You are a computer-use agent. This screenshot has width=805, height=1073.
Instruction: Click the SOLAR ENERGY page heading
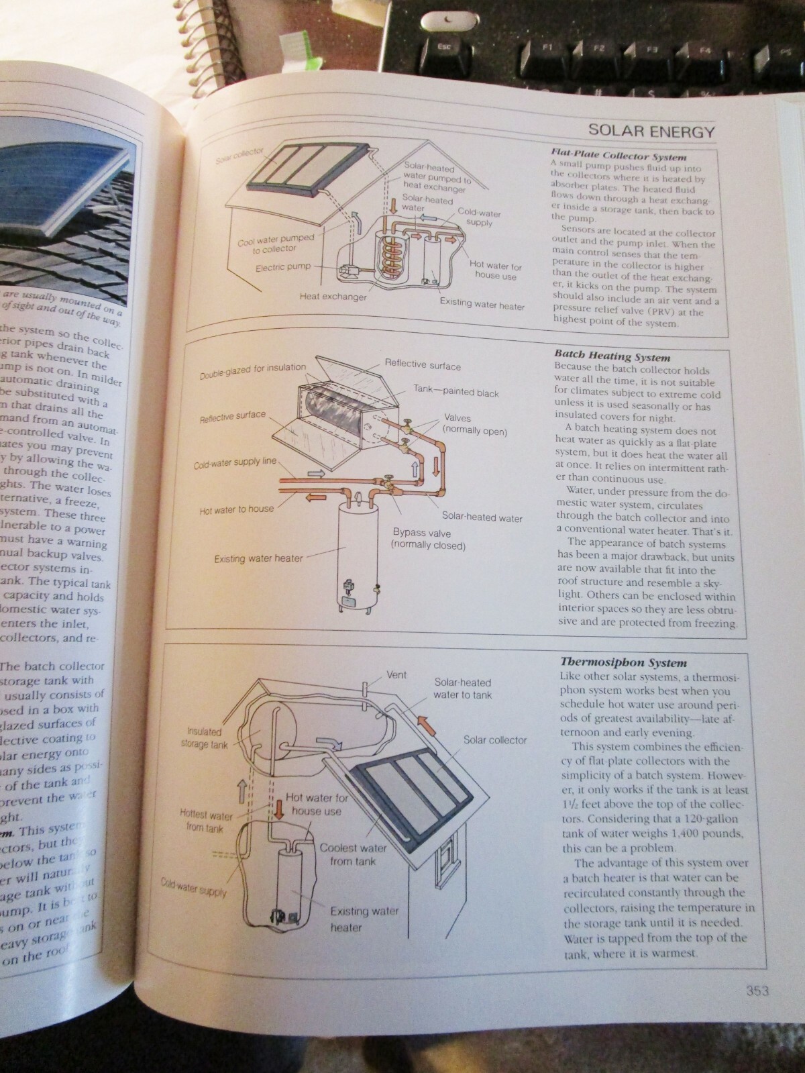651,131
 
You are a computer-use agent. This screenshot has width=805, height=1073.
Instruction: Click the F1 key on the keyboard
547,48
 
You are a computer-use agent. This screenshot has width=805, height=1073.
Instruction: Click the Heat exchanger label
333,297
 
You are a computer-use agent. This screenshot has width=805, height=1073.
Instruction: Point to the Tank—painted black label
455,393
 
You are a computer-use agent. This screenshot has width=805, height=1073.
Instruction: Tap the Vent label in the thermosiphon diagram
396,674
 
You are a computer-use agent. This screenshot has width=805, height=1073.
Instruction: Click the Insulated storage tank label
205,738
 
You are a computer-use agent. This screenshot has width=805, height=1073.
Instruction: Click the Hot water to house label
237,509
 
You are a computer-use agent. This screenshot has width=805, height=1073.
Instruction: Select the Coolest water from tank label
353,854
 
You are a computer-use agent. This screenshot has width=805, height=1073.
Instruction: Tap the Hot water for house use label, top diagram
496,270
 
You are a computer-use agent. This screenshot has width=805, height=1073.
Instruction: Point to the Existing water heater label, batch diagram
258,558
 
